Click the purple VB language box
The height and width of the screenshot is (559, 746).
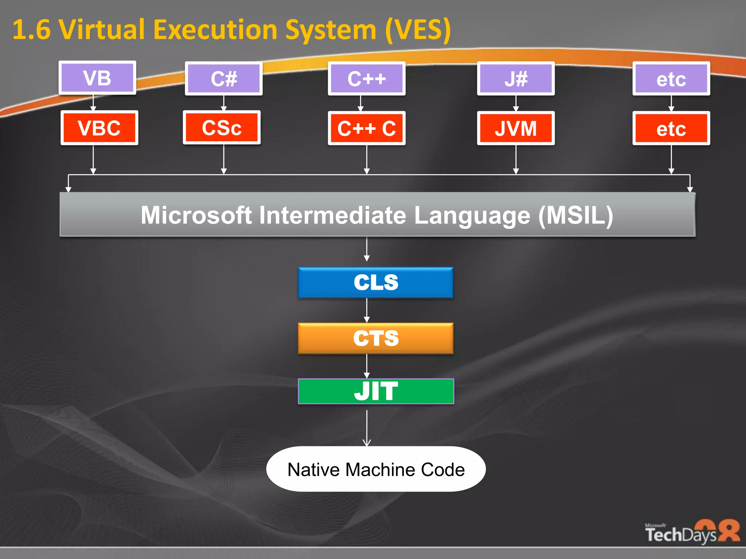[97, 78]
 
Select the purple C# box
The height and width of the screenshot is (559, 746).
[224, 79]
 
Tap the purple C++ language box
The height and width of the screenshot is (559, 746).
[366, 79]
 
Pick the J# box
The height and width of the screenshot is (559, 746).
[516, 79]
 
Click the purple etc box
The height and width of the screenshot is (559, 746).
[671, 79]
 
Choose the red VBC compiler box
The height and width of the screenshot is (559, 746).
[99, 128]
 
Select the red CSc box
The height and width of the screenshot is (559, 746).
[221, 128]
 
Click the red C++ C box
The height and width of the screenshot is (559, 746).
[366, 128]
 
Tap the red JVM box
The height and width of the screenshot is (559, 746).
[516, 128]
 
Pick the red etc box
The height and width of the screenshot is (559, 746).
[671, 128]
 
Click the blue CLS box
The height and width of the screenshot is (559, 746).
[376, 282]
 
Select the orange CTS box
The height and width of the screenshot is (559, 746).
[376, 338]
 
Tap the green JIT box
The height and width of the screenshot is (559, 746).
[376, 391]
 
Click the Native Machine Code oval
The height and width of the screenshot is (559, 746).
[376, 469]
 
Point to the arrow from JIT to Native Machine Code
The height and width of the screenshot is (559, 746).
[367, 428]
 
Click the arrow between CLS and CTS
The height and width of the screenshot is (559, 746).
[367, 310]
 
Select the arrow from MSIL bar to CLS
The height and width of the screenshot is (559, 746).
[367, 250]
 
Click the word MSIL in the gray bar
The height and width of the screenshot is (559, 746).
[576, 215]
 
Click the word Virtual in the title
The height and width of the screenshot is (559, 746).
[102, 30]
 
